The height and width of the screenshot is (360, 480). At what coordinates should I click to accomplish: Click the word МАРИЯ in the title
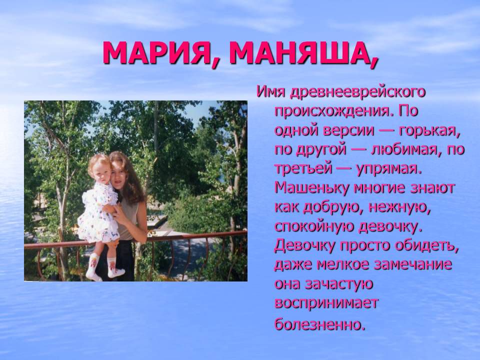[x=156, y=52]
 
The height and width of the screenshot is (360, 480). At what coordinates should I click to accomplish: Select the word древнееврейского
[x=357, y=92]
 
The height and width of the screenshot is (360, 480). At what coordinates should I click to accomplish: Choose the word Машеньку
[x=312, y=187]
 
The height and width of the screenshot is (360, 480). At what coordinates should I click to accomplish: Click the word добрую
[x=333, y=207]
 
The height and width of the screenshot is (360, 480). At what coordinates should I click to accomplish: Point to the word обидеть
[x=427, y=245]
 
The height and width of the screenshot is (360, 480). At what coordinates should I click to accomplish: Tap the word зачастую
[x=339, y=284]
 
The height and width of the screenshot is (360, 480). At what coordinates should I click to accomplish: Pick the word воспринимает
[x=326, y=303]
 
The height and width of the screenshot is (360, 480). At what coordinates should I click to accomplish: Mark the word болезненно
[x=320, y=324]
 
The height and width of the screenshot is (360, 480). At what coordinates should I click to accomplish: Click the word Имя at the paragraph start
[x=271, y=92]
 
